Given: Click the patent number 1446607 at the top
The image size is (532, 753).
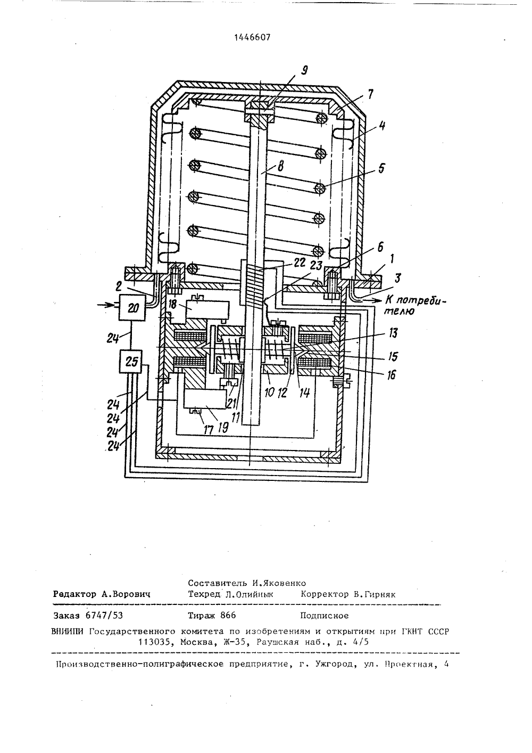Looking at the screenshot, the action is point(252,38).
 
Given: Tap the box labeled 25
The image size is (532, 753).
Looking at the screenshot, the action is point(131,362).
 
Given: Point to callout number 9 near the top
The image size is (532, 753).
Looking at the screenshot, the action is point(304,71).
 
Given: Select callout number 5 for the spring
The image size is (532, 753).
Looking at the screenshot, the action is point(381,168).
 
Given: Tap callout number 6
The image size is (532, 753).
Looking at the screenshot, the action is point(380,247).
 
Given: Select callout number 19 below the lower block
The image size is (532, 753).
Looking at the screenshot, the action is point(223,428).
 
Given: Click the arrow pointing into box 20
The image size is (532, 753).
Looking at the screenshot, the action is point(108,305).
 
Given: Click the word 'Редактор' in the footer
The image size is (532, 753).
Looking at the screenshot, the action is point(74,594).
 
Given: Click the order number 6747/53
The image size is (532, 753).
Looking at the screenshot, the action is point(104,615).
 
